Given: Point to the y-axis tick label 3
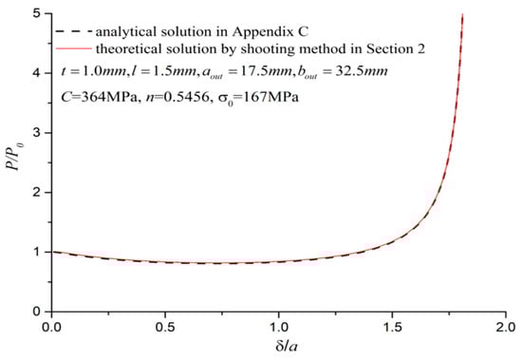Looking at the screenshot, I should click(35, 133).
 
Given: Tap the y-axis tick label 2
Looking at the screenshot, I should click(35, 192).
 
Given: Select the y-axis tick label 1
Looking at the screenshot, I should click(35, 252).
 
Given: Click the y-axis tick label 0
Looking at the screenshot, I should click(35, 311).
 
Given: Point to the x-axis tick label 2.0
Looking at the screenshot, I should click(505, 325).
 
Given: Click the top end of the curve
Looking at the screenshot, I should click(462, 15).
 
